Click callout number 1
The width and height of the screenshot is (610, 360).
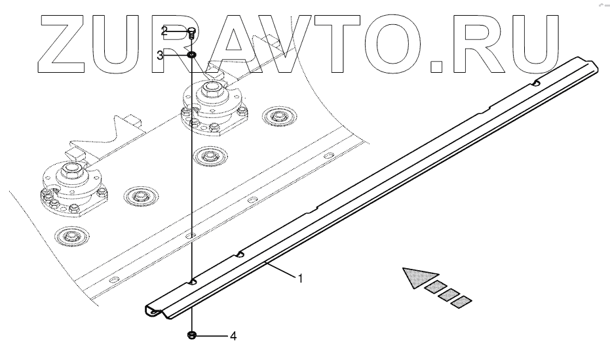point(300,279)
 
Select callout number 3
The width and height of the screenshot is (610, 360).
point(161,56)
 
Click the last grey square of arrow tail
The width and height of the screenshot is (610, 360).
point(461,302)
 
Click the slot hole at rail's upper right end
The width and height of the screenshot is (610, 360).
point(536,83)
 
